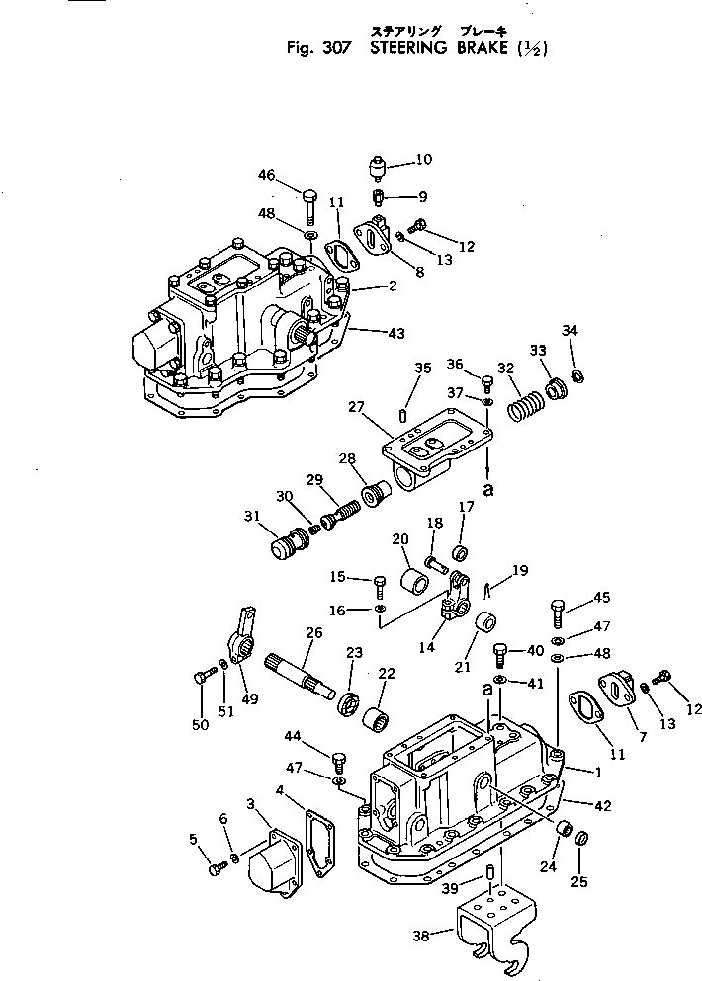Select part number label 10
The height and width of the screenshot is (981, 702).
423,159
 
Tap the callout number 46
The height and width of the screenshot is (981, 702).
267,175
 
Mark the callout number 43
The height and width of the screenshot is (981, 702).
395,333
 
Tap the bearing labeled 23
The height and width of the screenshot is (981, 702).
349,704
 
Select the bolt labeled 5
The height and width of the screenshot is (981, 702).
216,868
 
